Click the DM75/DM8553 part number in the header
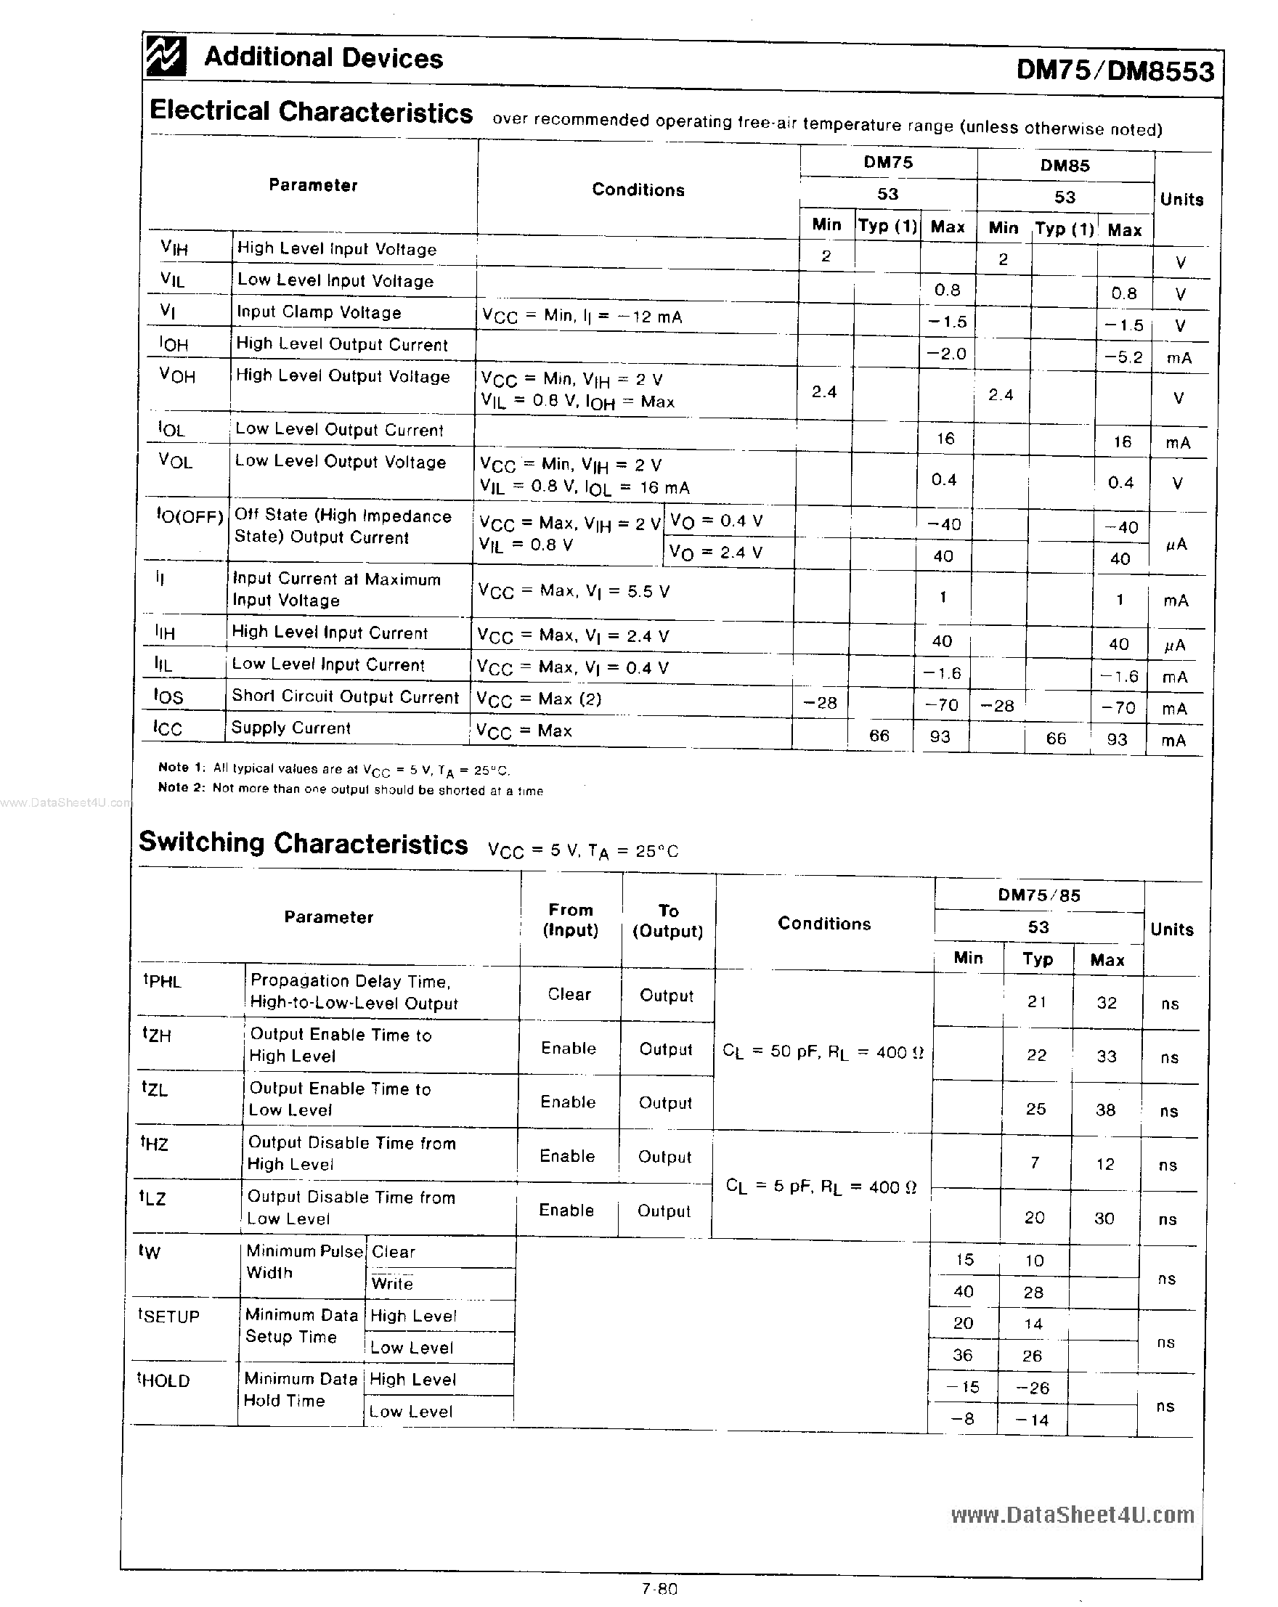pos(1114,71)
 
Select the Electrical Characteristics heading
pos(311,112)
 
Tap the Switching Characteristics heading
pos(303,843)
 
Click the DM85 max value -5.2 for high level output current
pos(1124,357)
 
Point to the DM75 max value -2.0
pos(946,354)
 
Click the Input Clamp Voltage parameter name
pos(319,312)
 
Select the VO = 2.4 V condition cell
pos(715,553)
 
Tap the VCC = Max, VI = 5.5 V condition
pos(574,592)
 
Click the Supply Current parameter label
pos(290,728)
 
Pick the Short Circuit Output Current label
pos(345,697)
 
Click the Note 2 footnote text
pos(350,789)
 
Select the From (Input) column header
pos(571,920)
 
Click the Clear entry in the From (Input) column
pos(569,994)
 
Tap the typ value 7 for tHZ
pos(1035,1163)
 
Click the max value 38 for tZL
pos(1105,1110)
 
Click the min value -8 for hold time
pos(963,1418)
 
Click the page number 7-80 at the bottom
pos(659,1588)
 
